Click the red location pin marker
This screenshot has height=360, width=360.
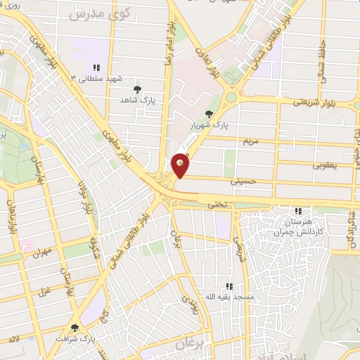click(x=181, y=165)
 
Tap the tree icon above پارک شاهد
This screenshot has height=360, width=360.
click(x=137, y=89)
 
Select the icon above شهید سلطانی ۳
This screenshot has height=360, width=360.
click(x=96, y=67)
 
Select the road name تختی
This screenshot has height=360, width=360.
click(x=217, y=204)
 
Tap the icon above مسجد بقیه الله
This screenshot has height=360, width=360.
click(x=229, y=286)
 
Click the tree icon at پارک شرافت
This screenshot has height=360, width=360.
click(x=75, y=328)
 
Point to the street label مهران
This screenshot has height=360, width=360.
click(x=41, y=251)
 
